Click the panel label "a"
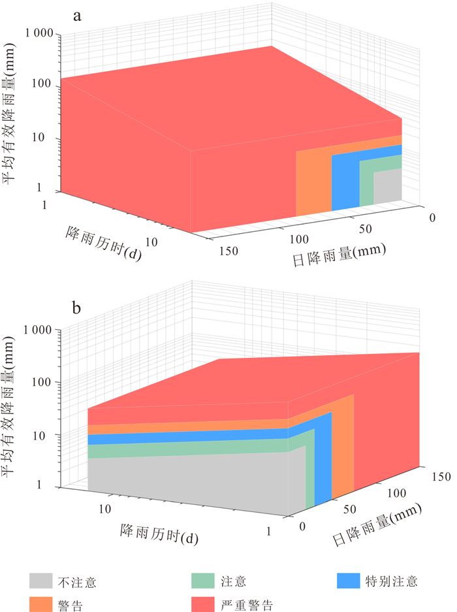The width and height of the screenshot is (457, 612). coord(77,17)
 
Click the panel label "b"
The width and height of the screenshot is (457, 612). coord(77,308)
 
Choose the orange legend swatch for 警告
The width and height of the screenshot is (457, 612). coord(40,604)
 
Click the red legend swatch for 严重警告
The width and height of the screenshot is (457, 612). coord(204,604)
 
